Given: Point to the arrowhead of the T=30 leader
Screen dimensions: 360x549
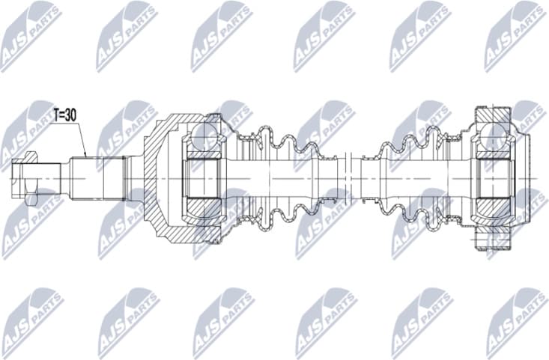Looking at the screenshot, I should (86, 155).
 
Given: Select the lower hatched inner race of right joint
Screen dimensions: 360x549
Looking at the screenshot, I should (492, 203).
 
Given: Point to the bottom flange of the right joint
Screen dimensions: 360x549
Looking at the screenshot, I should (491, 240).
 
